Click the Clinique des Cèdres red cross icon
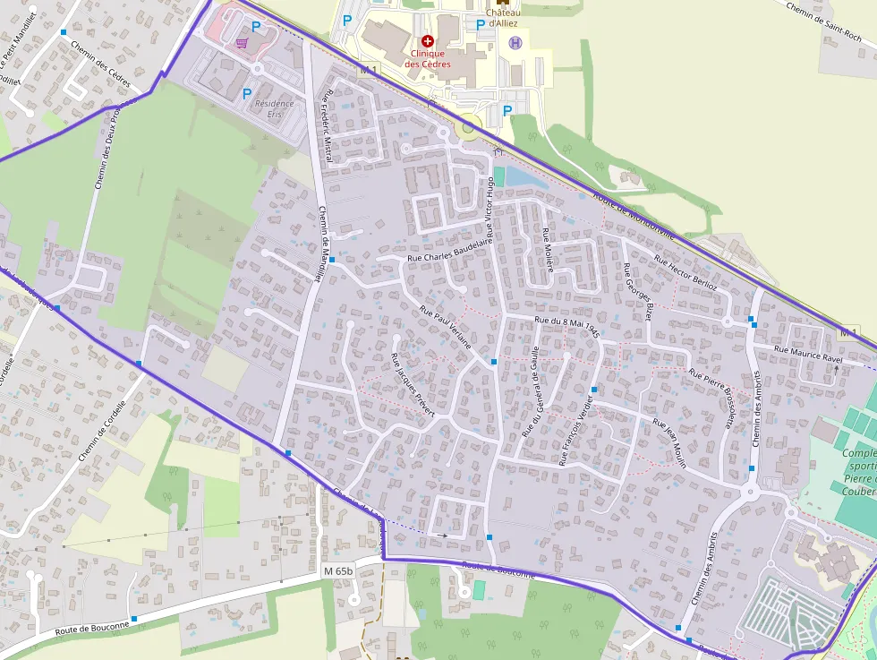point(427,41)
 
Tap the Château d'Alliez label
point(503,18)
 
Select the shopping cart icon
point(241,40)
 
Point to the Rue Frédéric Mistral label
point(328,125)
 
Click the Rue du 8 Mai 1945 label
point(566,326)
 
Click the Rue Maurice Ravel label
point(808,354)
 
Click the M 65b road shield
point(339,570)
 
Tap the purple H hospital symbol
point(515,42)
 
